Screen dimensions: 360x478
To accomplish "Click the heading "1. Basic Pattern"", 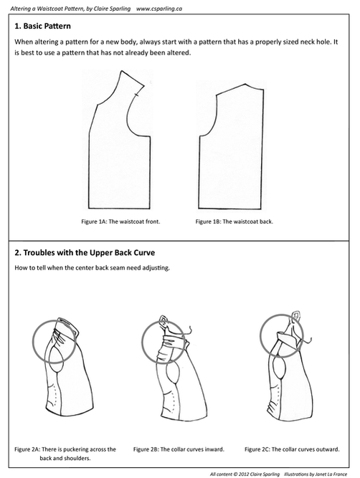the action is (x=43, y=27).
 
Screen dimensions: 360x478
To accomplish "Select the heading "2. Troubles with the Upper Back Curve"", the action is (x=85, y=253).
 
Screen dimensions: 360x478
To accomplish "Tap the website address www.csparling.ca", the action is (x=159, y=9).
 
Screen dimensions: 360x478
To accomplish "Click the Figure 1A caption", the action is (x=120, y=221).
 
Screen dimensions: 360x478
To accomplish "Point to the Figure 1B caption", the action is (x=235, y=221).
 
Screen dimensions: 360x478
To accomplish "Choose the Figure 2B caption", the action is (x=179, y=449).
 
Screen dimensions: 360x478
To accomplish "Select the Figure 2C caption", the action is (x=292, y=449).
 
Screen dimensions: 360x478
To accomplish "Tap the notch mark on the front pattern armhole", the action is (x=136, y=95).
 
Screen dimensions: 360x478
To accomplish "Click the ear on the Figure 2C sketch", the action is (x=295, y=315).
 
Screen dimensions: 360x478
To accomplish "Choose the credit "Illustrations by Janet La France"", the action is (x=316, y=474).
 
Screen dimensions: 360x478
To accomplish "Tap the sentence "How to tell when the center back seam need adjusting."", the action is (x=92, y=268).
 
